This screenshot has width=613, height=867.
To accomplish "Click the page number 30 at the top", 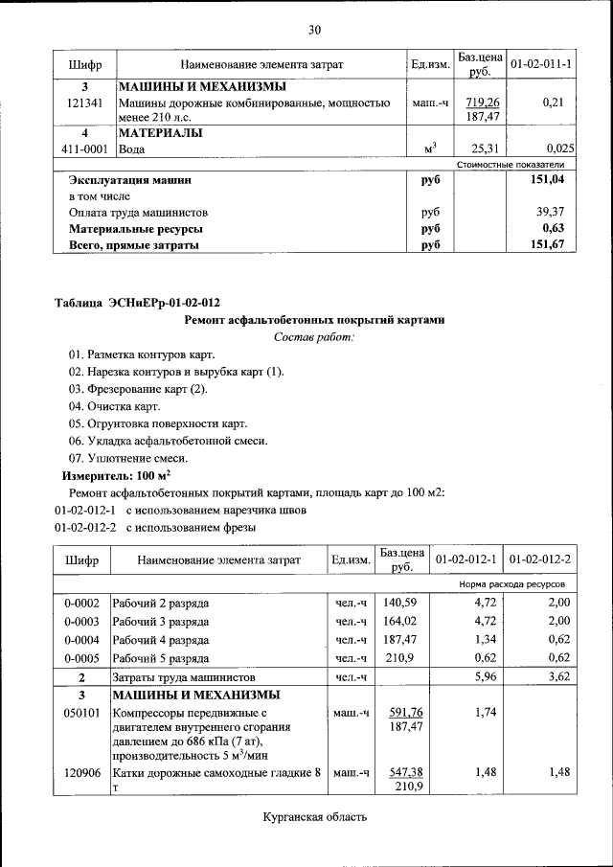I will tap(313, 31).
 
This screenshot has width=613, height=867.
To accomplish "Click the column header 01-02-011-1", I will tap(541, 64).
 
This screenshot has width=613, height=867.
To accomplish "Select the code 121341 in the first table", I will tap(85, 103).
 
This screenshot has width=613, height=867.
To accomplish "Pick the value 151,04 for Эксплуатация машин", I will tap(551, 179).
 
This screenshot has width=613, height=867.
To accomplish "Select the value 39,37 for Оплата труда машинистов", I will tap(553, 212).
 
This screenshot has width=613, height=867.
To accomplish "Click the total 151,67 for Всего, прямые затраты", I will tap(551, 245).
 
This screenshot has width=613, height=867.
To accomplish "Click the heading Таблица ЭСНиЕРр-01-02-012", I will tap(129, 304).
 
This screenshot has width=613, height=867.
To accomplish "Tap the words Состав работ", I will tap(313, 336).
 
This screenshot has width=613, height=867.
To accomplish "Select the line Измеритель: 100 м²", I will tap(116, 475).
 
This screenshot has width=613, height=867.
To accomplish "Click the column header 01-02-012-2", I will tap(540, 559).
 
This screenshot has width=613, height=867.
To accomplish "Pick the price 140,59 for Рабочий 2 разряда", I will tap(402, 603).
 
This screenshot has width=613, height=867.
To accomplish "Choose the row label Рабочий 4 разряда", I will tap(160, 639).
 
